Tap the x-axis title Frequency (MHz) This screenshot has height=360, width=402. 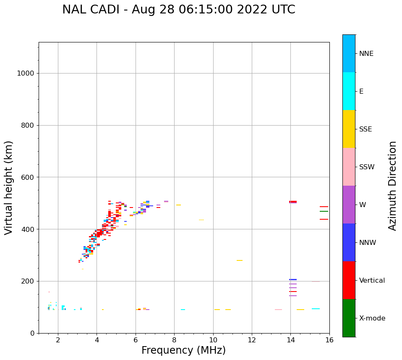pos(183,350)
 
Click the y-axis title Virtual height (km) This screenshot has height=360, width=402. pos(9,188)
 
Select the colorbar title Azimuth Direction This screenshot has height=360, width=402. pos(392,186)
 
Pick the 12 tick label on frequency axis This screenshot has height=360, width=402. pos(252,339)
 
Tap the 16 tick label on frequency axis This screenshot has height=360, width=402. pos(329,339)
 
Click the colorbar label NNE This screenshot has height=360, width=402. pos(366,54)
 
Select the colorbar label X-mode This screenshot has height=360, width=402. pos(372,318)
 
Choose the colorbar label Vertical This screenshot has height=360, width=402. pos(372,281)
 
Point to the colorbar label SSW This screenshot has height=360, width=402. pos(367,167)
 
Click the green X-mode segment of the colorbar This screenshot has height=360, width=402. pos(349,318)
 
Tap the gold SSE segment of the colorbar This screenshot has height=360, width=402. pos(349,129)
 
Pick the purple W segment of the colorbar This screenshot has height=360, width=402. pos(349,205)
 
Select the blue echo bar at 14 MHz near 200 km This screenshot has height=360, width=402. pos(293,279)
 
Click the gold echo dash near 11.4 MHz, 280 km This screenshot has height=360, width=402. pos(240,260)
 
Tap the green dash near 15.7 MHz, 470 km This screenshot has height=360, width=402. pos(324,211)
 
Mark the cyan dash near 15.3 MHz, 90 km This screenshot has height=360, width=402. pos(316,309)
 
